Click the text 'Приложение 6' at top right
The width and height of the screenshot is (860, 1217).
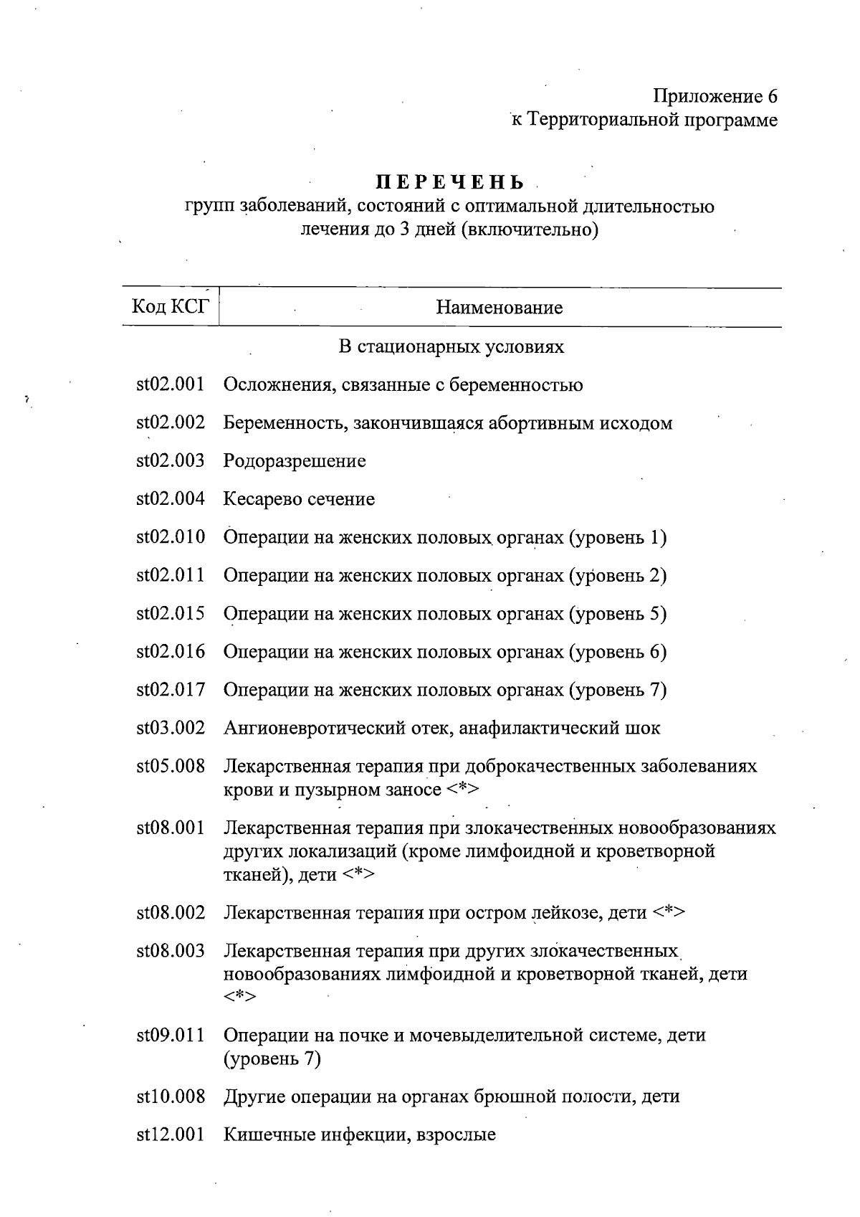(715, 96)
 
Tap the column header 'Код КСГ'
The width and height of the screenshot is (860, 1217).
(171, 307)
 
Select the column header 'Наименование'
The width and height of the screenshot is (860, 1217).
(500, 308)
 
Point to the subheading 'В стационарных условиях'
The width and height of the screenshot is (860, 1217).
(451, 347)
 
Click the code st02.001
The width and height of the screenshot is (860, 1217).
(171, 385)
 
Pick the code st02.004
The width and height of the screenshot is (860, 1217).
(171, 499)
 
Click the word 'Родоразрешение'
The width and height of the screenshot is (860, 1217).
(295, 461)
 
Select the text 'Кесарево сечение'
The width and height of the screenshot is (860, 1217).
(299, 499)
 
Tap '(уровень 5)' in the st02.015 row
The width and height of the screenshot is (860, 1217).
(618, 614)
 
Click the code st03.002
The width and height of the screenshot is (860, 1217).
(171, 729)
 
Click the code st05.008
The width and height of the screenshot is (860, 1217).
(171, 767)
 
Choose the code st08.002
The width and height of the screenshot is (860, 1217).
(171, 913)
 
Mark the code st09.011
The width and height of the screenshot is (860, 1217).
(171, 1036)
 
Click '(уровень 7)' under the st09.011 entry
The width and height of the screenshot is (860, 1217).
(272, 1059)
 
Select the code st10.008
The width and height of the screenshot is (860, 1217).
(171, 1097)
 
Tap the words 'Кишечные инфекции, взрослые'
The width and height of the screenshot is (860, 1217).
(360, 1135)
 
